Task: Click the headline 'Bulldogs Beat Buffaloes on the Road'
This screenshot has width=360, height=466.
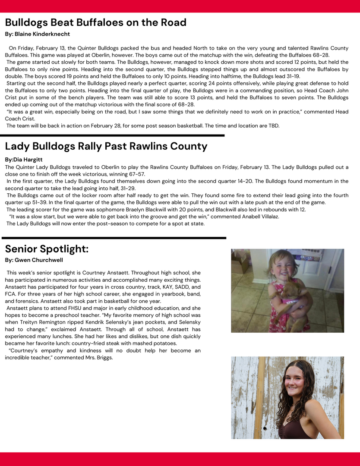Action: [95, 22]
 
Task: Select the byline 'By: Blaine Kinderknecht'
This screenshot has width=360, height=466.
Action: [37, 34]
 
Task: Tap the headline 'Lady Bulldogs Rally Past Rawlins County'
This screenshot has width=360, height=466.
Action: [106, 146]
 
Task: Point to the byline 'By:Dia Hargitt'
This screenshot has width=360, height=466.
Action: [24, 160]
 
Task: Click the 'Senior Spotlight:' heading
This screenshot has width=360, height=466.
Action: [47, 249]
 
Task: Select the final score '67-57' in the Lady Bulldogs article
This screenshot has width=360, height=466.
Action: [136, 174]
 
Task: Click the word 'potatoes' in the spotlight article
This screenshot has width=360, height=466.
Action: [150, 343]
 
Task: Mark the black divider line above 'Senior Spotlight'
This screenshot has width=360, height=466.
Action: [114, 238]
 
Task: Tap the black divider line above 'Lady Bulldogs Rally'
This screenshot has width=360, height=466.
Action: [114, 135]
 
